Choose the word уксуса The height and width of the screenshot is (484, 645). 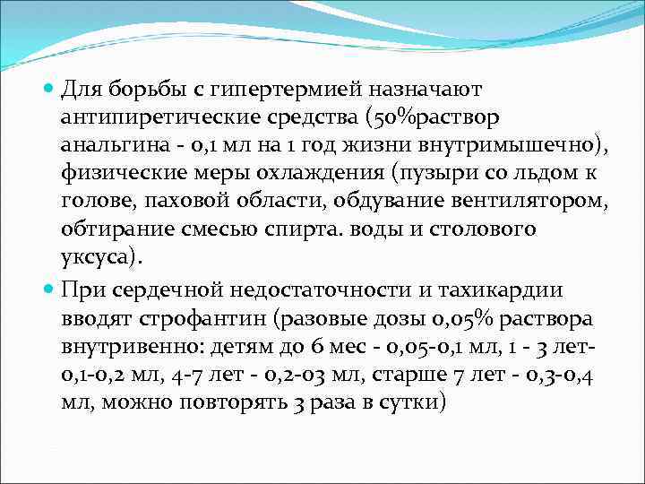(97, 258)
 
